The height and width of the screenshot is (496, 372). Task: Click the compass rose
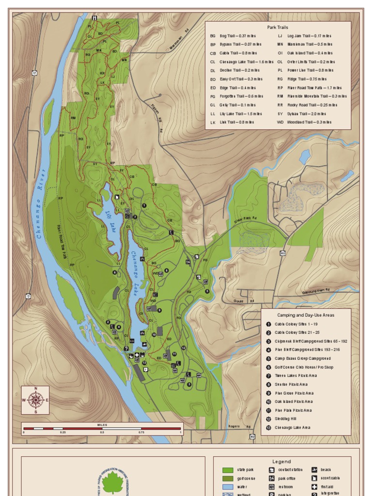[35, 400]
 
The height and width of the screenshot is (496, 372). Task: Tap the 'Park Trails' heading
[278, 28]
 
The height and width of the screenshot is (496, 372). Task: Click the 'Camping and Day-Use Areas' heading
[305, 315]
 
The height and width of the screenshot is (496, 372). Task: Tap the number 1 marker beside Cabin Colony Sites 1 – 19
[268, 324]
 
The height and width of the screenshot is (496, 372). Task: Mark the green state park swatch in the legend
[228, 470]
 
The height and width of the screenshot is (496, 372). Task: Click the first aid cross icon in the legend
[314, 487]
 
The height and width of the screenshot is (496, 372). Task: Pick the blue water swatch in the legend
[228, 487]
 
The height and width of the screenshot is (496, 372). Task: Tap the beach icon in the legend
[314, 470]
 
